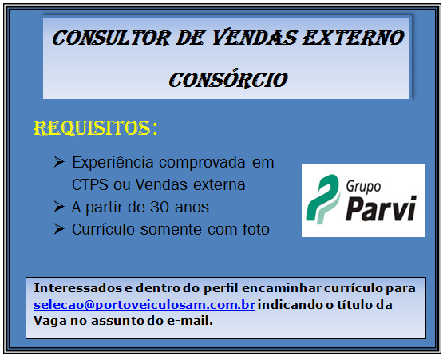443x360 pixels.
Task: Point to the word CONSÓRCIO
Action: pyautogui.click(x=227, y=80)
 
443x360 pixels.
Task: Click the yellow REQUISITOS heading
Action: pyautogui.click(x=94, y=129)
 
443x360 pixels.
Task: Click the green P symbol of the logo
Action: pyautogui.click(x=323, y=200)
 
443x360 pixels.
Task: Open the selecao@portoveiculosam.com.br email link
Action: pyautogui.click(x=144, y=306)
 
